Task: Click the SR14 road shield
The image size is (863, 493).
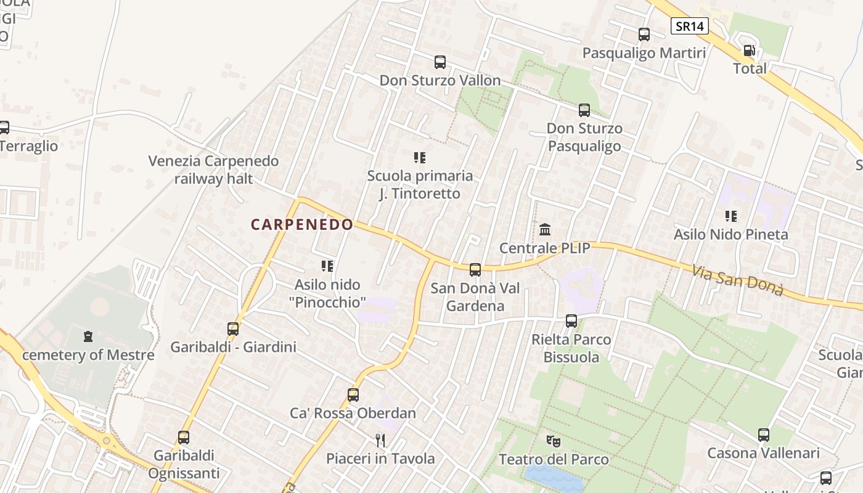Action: tap(690, 26)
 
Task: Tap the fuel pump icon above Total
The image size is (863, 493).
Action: tap(749, 51)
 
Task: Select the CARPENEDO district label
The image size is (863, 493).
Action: tap(302, 225)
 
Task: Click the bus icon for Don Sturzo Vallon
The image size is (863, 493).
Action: tap(440, 62)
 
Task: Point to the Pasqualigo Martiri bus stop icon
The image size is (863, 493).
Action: tap(644, 35)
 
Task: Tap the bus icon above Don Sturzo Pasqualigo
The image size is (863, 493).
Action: tap(584, 110)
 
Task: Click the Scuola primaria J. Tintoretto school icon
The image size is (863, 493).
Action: tap(420, 158)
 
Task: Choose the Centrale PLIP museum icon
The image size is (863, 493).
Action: tap(545, 230)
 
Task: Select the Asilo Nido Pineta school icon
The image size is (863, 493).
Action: tap(731, 216)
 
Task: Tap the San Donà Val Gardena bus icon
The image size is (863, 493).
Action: tap(475, 269)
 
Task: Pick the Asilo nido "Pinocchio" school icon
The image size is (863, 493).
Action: tap(327, 266)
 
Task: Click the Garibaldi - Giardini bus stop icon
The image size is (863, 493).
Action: tap(233, 328)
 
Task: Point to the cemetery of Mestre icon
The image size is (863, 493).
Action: tap(88, 337)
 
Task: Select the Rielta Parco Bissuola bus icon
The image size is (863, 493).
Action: tap(571, 321)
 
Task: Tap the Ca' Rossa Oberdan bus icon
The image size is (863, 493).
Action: tap(353, 395)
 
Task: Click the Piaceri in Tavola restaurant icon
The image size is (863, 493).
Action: tap(380, 440)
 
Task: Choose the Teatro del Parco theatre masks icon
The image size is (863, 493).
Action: tap(554, 441)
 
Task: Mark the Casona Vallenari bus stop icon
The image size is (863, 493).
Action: tap(764, 435)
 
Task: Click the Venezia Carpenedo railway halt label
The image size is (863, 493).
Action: tap(213, 169)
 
